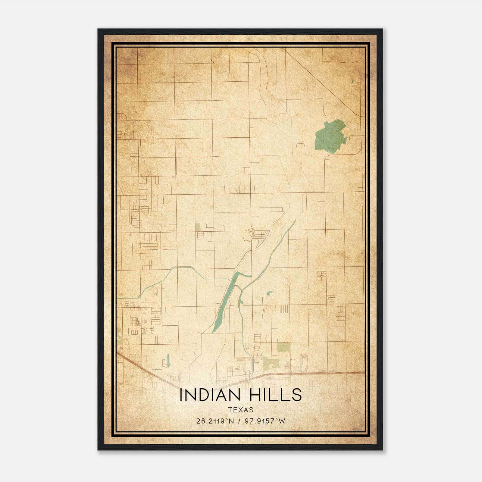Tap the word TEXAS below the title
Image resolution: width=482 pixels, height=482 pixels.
[x=241, y=410]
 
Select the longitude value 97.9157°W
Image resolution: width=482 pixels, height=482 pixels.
[x=265, y=421]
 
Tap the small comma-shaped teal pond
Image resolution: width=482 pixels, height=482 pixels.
[x=269, y=293]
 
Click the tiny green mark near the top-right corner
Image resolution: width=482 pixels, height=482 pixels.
[x=352, y=81]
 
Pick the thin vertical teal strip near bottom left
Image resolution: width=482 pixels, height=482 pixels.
[x=168, y=360]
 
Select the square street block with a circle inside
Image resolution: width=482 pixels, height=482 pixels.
[x=321, y=276]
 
